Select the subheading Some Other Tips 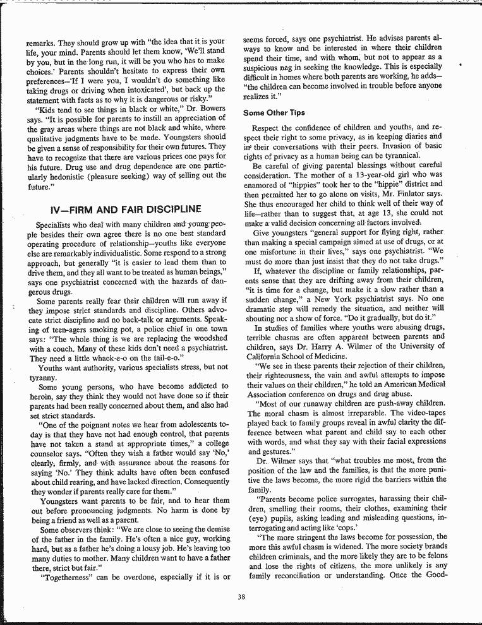point(274,113)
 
